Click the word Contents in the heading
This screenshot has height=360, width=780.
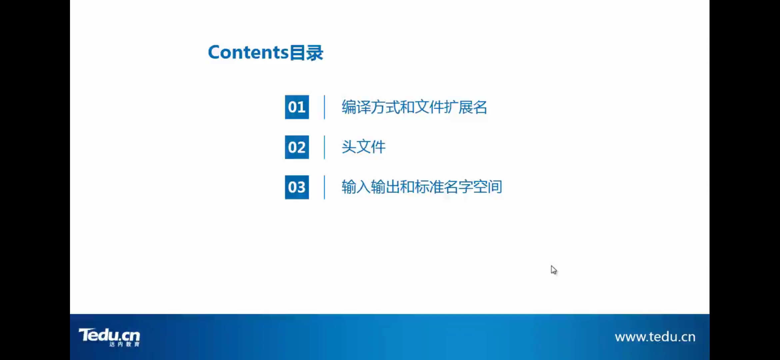tap(248, 52)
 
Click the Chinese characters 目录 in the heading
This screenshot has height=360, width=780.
tap(307, 53)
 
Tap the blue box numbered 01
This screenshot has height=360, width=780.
tap(297, 107)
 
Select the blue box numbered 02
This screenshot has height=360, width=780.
tap(297, 147)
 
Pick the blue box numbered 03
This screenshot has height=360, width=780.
tap(297, 187)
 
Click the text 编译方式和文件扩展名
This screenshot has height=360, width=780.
tap(414, 107)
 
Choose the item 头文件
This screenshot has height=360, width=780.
tap(363, 147)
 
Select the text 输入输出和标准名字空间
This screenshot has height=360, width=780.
tap(422, 187)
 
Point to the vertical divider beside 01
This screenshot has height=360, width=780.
tap(324, 107)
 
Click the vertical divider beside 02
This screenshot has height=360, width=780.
tap(324, 147)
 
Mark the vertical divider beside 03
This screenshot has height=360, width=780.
tap(324, 187)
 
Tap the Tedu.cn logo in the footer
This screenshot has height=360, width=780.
tap(109, 335)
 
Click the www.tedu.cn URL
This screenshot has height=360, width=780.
tap(655, 337)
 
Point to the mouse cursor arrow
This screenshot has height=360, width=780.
tap(553, 270)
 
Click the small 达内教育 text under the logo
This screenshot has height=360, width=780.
tap(124, 344)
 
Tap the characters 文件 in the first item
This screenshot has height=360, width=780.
tap(429, 107)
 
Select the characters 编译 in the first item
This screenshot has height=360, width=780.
tap(356, 107)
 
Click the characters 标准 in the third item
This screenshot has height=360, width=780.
tap(429, 187)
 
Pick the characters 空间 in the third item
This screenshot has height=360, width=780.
tap(487, 187)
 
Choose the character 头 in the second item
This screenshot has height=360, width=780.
tap(349, 147)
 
